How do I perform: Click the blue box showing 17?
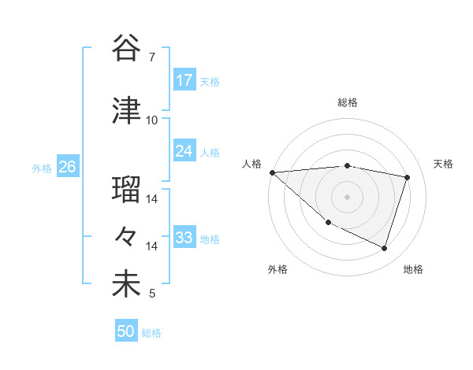click(x=184, y=80)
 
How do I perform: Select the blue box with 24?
click(x=184, y=152)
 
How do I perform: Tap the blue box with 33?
click(x=184, y=238)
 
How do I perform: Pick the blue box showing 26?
click(x=67, y=167)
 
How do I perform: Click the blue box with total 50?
click(x=126, y=331)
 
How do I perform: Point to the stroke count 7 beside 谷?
click(x=151, y=57)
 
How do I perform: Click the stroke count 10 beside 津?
click(x=151, y=120)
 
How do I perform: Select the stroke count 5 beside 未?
click(x=151, y=294)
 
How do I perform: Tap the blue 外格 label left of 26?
click(x=42, y=168)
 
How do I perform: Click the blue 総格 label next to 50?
click(x=151, y=333)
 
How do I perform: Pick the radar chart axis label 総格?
click(x=347, y=102)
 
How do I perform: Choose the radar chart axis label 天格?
click(x=443, y=164)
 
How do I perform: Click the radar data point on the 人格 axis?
click(x=272, y=172)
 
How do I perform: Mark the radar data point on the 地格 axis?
click(x=384, y=248)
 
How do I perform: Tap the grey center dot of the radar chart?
click(x=347, y=196)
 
